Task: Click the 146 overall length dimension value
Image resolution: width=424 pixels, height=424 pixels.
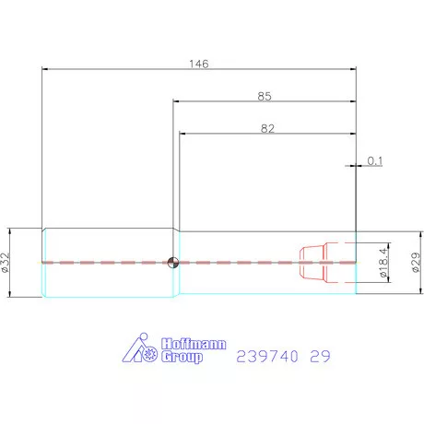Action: [199, 64]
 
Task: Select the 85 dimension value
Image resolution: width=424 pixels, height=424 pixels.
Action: [265, 97]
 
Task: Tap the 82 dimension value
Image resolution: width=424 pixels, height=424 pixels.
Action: [267, 128]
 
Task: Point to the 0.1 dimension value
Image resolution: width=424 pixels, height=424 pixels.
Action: [375, 160]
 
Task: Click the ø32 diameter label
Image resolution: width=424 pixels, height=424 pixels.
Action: [6, 263]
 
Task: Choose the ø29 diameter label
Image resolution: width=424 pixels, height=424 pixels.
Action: [417, 263]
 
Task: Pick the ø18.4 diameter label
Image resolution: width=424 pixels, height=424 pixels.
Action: [383, 263]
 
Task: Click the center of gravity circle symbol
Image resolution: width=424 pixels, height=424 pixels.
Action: [173, 263]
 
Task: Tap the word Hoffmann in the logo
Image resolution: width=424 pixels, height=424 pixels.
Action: [194, 344]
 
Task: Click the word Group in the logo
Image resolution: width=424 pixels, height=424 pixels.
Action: [182, 358]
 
